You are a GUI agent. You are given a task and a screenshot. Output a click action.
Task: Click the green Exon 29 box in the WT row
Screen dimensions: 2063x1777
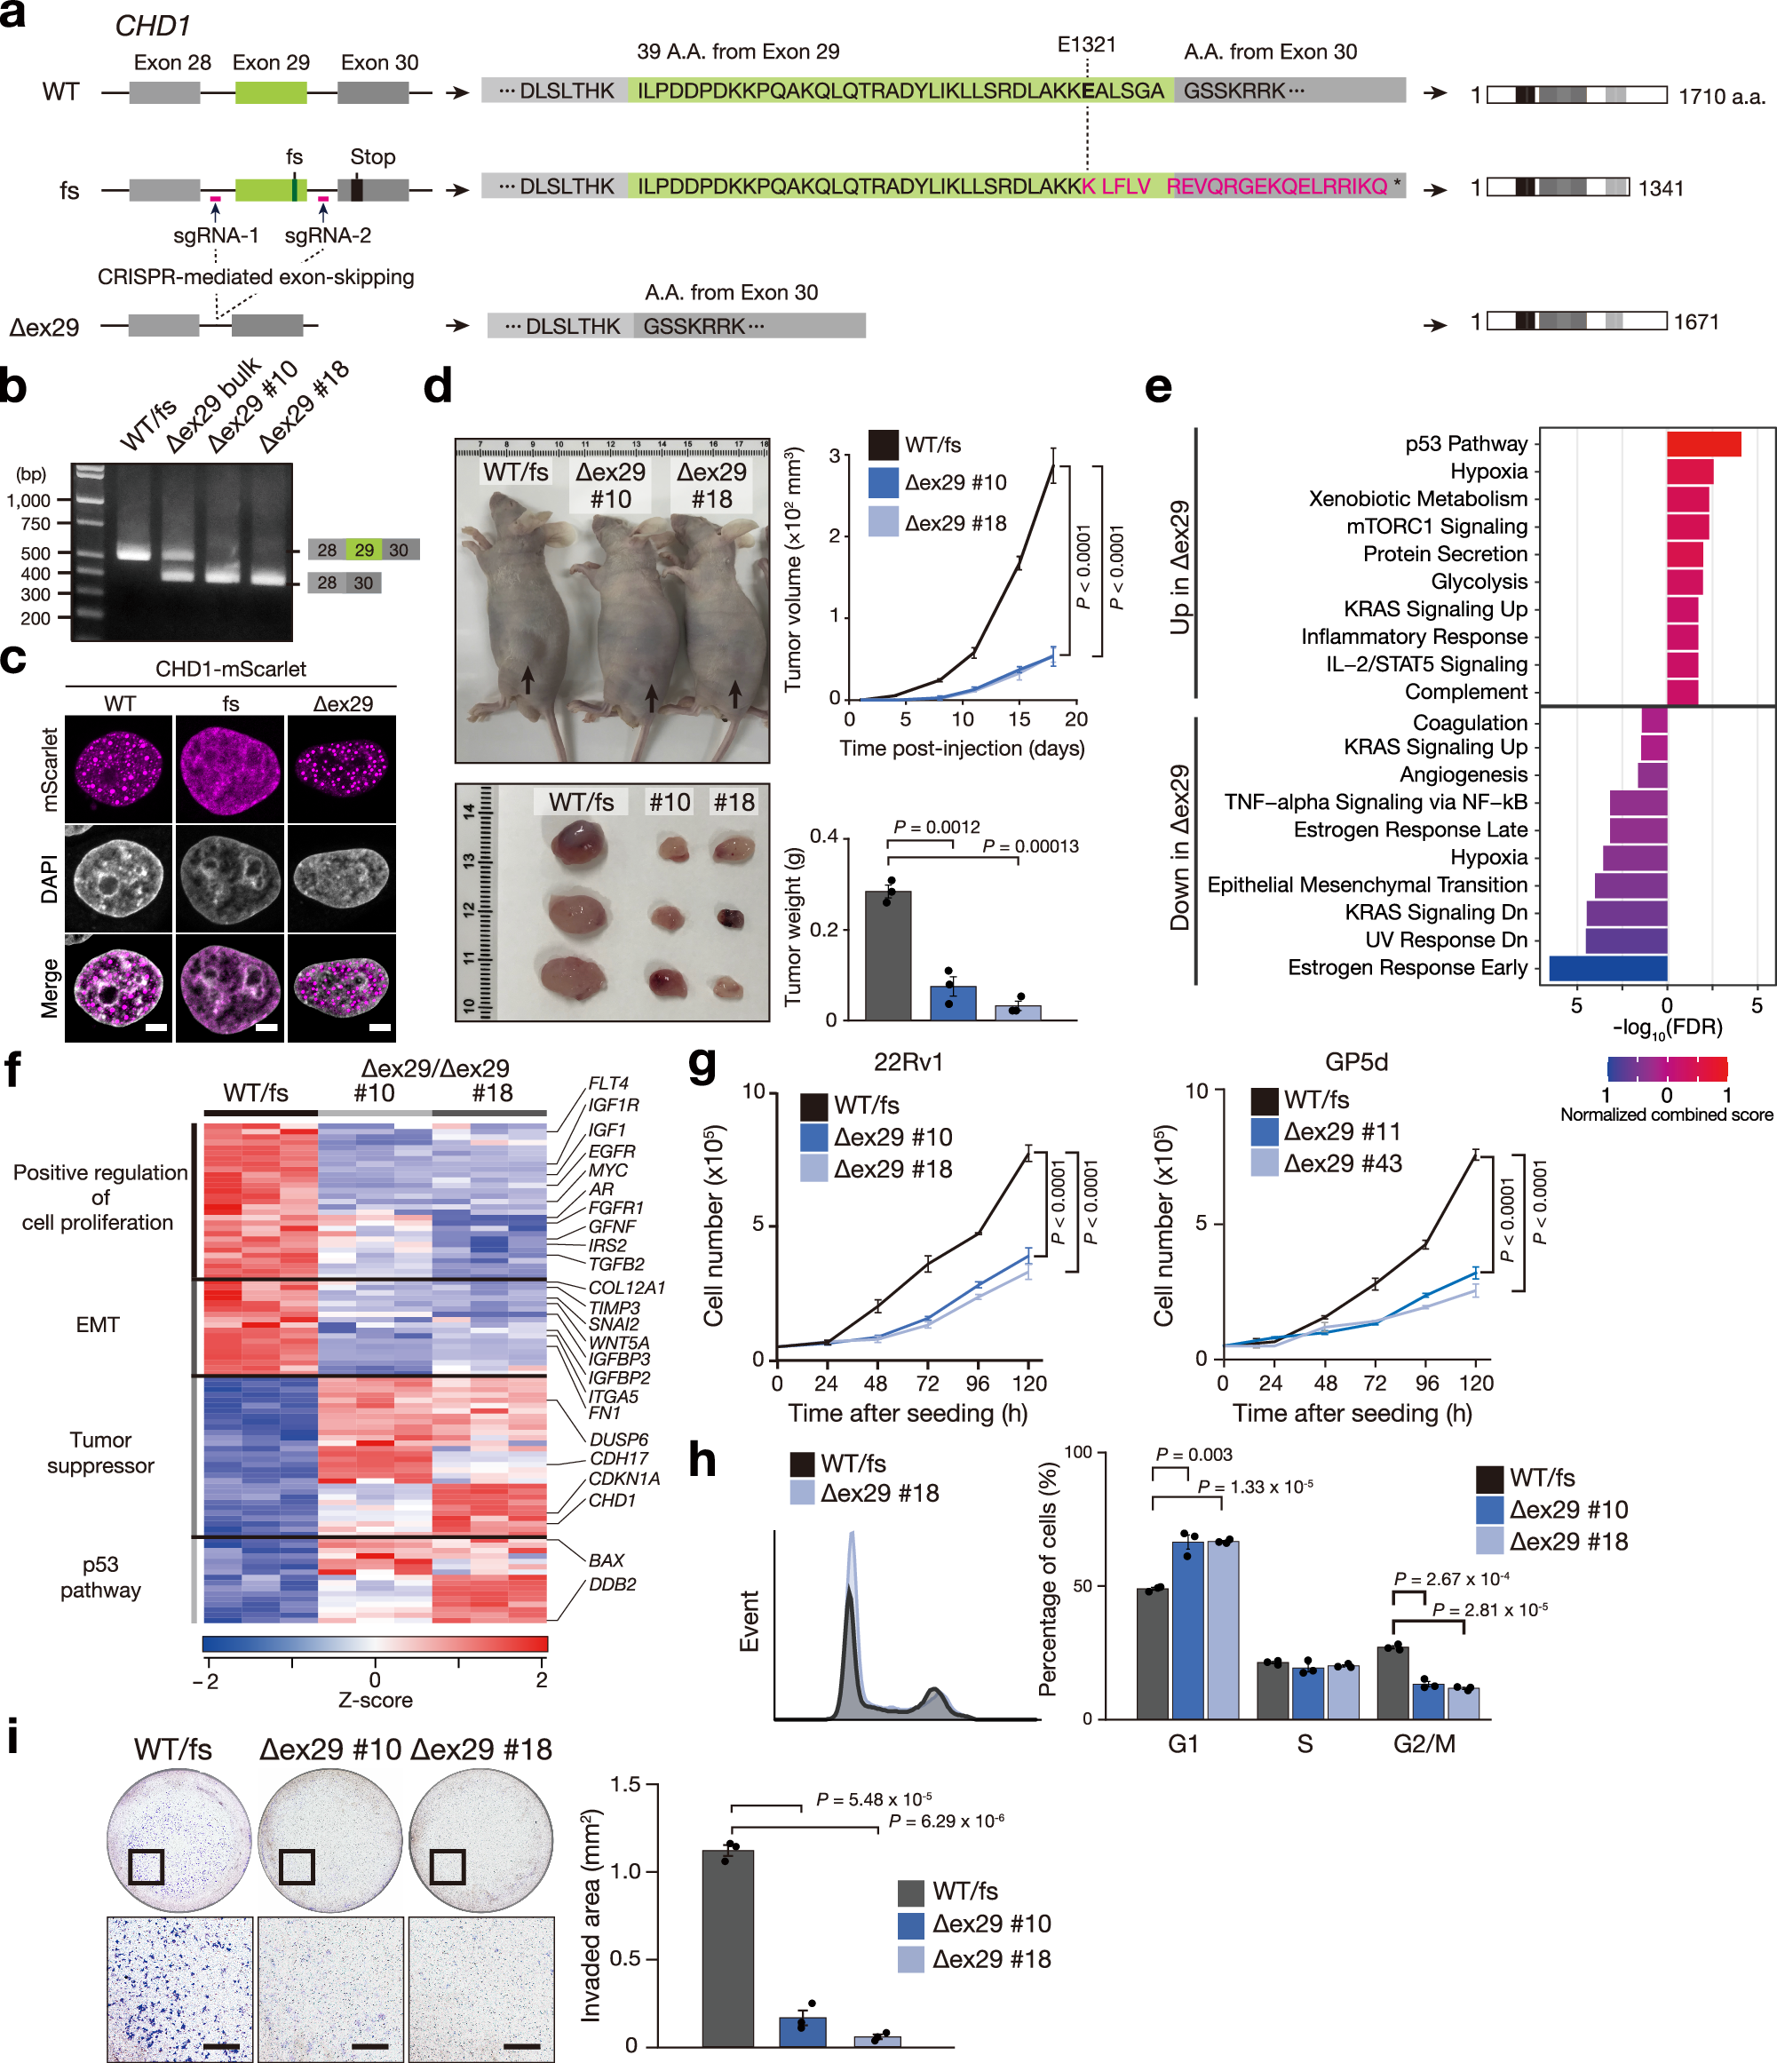[x=271, y=92]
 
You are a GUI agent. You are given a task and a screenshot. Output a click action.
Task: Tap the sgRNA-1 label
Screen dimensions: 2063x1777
[x=216, y=235]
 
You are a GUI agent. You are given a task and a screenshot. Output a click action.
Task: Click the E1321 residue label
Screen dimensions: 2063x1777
[x=1086, y=44]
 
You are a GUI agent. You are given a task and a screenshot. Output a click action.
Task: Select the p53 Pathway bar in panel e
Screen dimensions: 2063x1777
[x=1703, y=444]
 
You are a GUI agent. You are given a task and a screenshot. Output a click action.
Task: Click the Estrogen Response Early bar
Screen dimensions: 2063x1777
[x=1607, y=968]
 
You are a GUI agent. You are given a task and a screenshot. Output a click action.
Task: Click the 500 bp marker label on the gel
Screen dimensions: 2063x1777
[x=35, y=552]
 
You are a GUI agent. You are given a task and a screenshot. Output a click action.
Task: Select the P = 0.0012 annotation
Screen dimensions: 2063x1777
[x=936, y=828]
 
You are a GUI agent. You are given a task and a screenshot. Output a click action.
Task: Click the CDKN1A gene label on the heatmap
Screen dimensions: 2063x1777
[x=624, y=1479]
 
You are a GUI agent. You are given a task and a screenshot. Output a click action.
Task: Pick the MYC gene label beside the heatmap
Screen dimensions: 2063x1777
[x=607, y=1170]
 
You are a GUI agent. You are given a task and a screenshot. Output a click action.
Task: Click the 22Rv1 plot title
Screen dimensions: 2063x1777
[x=908, y=1062]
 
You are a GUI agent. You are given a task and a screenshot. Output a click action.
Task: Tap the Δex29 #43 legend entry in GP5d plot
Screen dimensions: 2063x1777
[x=1341, y=1162]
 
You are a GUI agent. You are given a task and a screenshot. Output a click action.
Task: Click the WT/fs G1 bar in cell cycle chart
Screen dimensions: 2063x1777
[x=1153, y=1653]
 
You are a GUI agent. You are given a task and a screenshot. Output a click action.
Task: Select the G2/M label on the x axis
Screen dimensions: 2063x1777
[x=1424, y=1743]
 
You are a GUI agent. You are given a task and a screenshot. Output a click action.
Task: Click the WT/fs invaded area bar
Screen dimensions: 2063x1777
[x=727, y=1948]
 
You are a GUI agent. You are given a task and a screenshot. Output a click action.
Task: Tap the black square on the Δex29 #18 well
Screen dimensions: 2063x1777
[x=448, y=1867]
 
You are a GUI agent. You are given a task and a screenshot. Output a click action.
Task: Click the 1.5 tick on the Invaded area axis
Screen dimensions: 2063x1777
[x=625, y=1783]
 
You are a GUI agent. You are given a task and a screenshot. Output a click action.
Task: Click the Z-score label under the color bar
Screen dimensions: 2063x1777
[x=376, y=1700]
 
